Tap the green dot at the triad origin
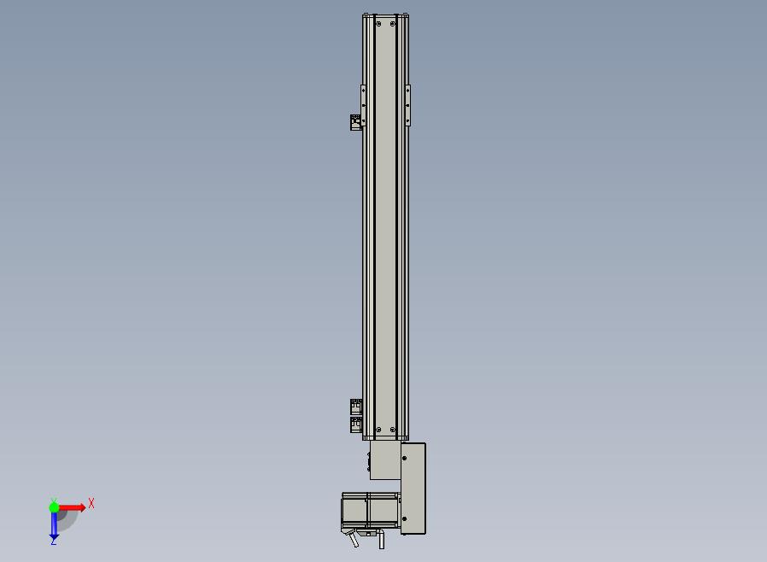[54, 507]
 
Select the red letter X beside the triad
[91, 503]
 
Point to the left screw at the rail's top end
[378, 23]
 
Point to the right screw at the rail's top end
[393, 23]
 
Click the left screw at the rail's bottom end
[378, 430]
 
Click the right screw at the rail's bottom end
[393, 430]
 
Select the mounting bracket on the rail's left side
[364, 105]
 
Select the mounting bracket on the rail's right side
[408, 105]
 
